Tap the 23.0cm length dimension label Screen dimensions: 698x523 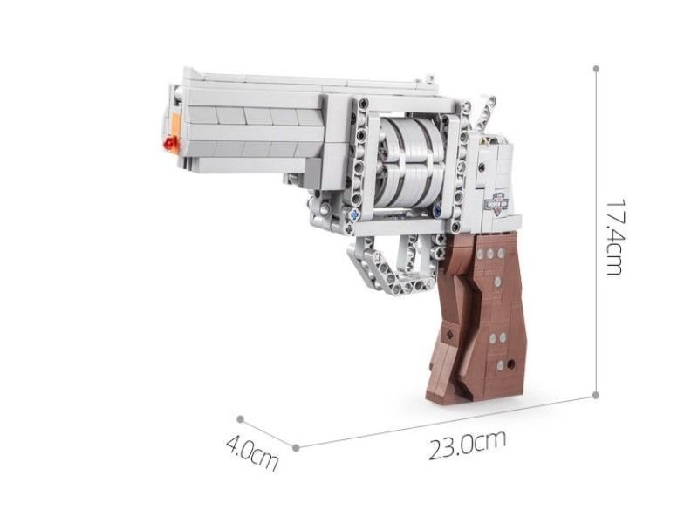[x=468, y=445]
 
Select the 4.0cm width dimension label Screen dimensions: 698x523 [x=252, y=453]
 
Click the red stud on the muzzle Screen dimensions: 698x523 [x=170, y=143]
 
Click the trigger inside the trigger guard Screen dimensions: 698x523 [x=408, y=253]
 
